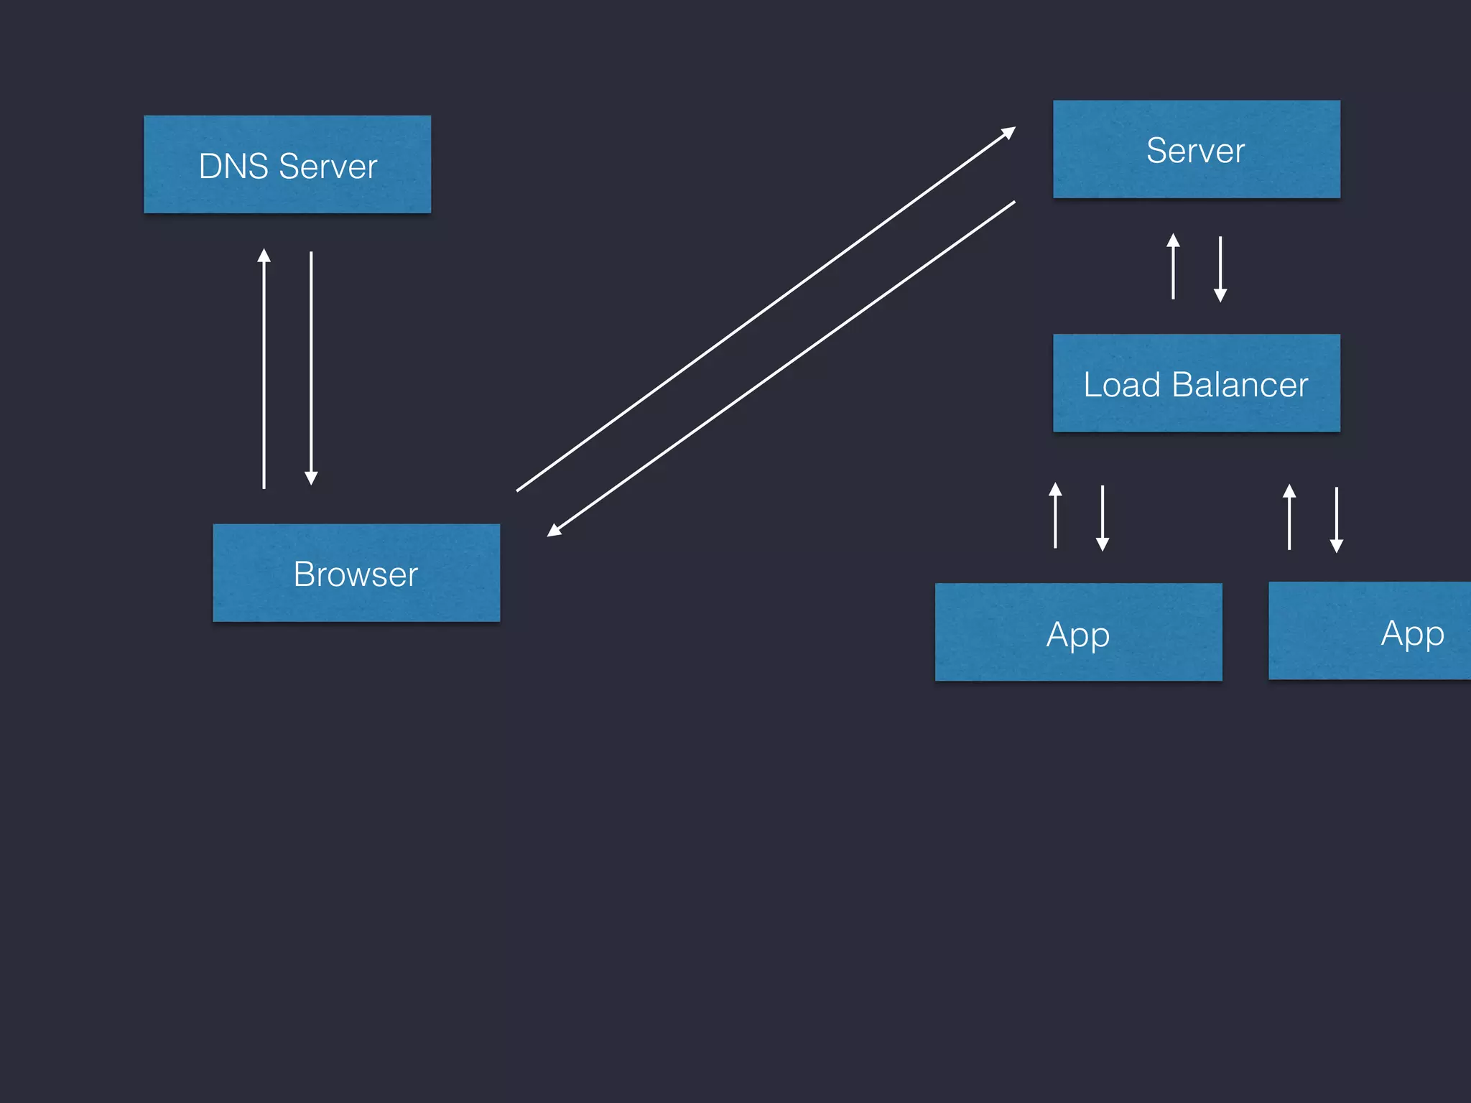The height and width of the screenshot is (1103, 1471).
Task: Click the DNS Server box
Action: (287, 164)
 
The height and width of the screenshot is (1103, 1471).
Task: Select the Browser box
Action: (356, 572)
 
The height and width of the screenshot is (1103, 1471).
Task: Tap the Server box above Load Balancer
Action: (1196, 149)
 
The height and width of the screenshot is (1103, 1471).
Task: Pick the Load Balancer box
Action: (1196, 383)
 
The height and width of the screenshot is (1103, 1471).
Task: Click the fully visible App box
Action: (1078, 632)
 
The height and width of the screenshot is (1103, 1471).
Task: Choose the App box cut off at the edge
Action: (1369, 630)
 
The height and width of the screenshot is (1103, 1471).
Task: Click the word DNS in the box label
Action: (233, 167)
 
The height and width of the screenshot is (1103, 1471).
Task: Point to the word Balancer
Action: (1240, 385)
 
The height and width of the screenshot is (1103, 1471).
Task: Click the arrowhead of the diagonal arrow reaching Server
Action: (1008, 132)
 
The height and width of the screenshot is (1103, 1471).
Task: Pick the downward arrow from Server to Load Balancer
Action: (1220, 269)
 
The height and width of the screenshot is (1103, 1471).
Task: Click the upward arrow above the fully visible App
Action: (1055, 516)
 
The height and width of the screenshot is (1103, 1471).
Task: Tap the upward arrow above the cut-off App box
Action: (1289, 517)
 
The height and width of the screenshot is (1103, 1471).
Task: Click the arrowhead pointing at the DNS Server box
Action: (264, 255)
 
